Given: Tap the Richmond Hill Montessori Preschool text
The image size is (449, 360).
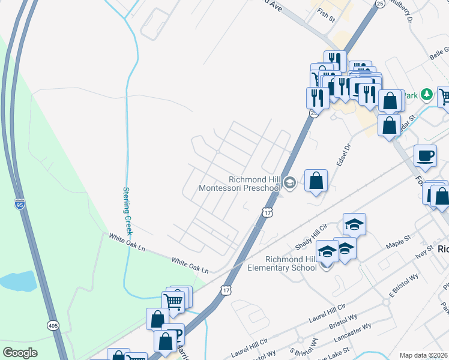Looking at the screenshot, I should tap(240, 184).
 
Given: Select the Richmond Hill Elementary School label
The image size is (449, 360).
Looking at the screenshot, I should tap(282, 263).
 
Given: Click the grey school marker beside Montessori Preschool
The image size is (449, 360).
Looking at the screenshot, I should tap(290, 183).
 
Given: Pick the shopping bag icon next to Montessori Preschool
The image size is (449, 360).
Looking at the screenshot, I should tap(316, 180).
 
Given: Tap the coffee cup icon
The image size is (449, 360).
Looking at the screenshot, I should tap(425, 156).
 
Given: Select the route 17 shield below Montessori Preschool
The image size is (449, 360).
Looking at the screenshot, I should tap(268, 212).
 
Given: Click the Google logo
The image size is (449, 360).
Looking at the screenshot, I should tap(20, 353).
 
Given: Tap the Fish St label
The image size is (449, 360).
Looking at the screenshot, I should tap(327, 15).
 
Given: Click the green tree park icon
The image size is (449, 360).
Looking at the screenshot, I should tap(426, 94).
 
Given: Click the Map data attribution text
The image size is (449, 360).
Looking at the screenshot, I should tap(424, 355).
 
